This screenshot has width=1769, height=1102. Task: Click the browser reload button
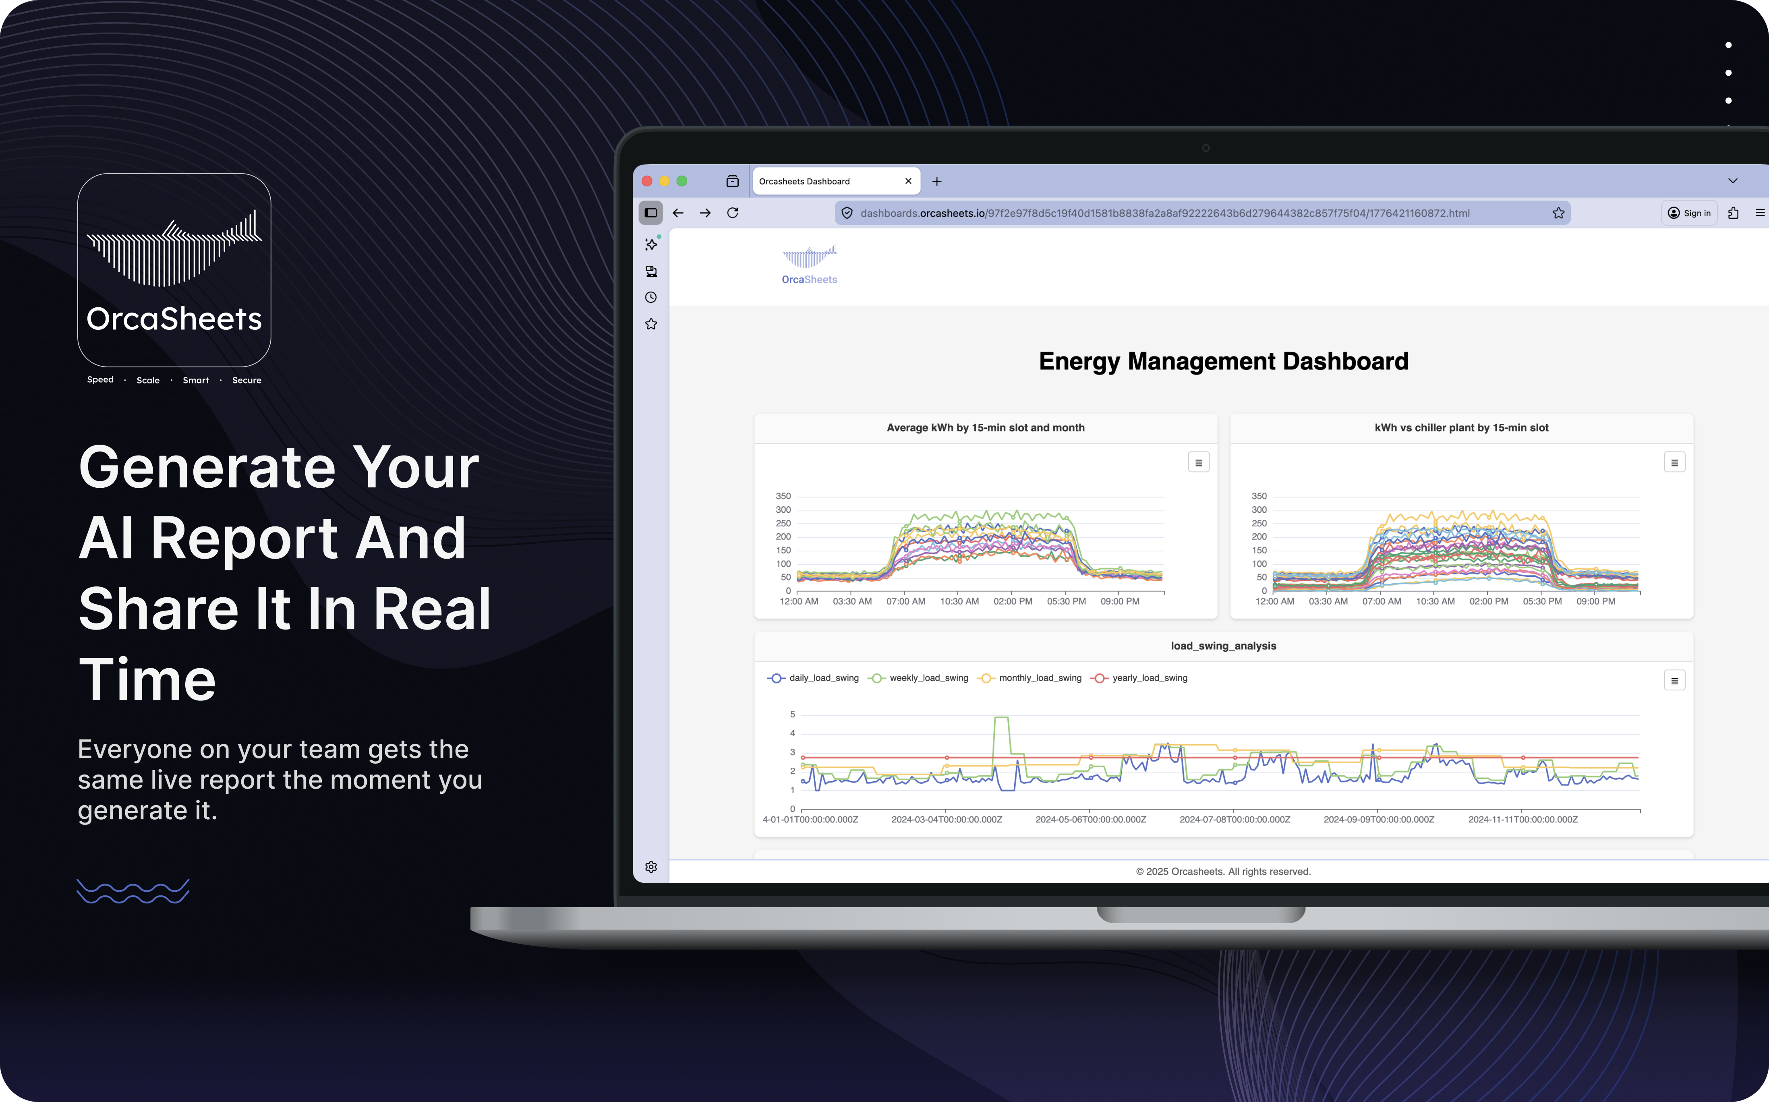pyautogui.click(x=733, y=213)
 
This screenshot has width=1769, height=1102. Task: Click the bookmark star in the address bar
pyautogui.click(x=1558, y=213)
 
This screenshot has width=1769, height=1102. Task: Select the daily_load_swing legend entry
pyautogui.click(x=814, y=678)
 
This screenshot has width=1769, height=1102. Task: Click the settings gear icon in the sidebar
pyautogui.click(x=651, y=867)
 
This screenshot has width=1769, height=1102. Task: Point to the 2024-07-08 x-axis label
pyautogui.click(x=1235, y=819)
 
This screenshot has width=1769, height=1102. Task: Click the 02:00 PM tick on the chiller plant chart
pyautogui.click(x=1488, y=601)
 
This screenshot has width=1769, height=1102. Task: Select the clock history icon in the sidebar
pyautogui.click(x=651, y=297)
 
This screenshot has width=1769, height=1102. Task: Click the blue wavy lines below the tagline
pyautogui.click(x=133, y=891)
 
